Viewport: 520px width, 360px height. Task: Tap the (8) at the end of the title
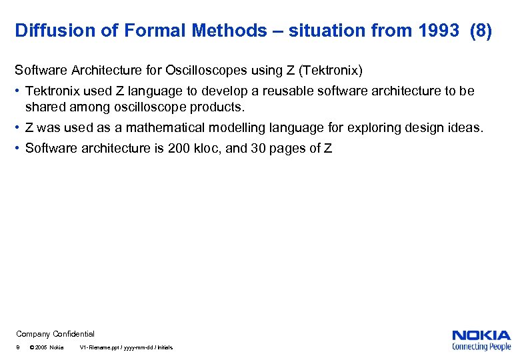coord(481,31)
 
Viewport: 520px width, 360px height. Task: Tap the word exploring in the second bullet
coord(381,127)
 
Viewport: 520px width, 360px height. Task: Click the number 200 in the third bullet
coord(179,149)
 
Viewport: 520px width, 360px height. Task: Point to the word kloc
coord(206,149)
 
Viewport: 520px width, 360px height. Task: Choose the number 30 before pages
coord(258,149)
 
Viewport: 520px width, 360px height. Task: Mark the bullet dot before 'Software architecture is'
coord(18,149)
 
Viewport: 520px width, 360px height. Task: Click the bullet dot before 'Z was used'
coord(18,127)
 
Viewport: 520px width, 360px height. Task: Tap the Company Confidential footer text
coord(55,334)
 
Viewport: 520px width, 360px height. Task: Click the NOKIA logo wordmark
coord(481,335)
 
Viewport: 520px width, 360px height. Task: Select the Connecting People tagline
coord(481,347)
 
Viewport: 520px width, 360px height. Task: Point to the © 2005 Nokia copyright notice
coord(47,347)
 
